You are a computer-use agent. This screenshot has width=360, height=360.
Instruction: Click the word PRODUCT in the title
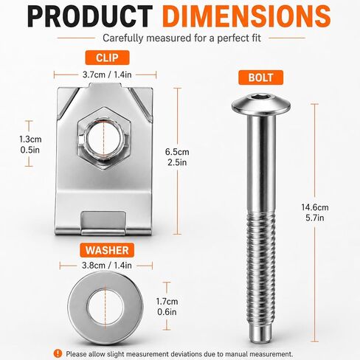tap(90, 16)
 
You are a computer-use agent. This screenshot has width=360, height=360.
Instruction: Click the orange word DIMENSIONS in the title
tap(246, 16)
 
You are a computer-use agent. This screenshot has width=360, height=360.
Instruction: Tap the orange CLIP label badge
tap(107, 58)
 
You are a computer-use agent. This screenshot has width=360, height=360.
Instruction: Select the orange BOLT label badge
tap(260, 77)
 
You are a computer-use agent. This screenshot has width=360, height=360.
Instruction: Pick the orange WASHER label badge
tap(107, 250)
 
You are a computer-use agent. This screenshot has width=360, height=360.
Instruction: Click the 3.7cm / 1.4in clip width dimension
tap(107, 75)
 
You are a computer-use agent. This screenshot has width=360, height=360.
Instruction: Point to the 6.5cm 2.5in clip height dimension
tap(177, 157)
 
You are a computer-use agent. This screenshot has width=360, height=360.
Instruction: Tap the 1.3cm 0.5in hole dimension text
tap(30, 145)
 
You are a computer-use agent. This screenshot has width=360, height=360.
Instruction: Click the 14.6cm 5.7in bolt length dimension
tap(315, 212)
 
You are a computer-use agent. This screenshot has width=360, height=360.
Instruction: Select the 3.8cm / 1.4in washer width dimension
tap(107, 266)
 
